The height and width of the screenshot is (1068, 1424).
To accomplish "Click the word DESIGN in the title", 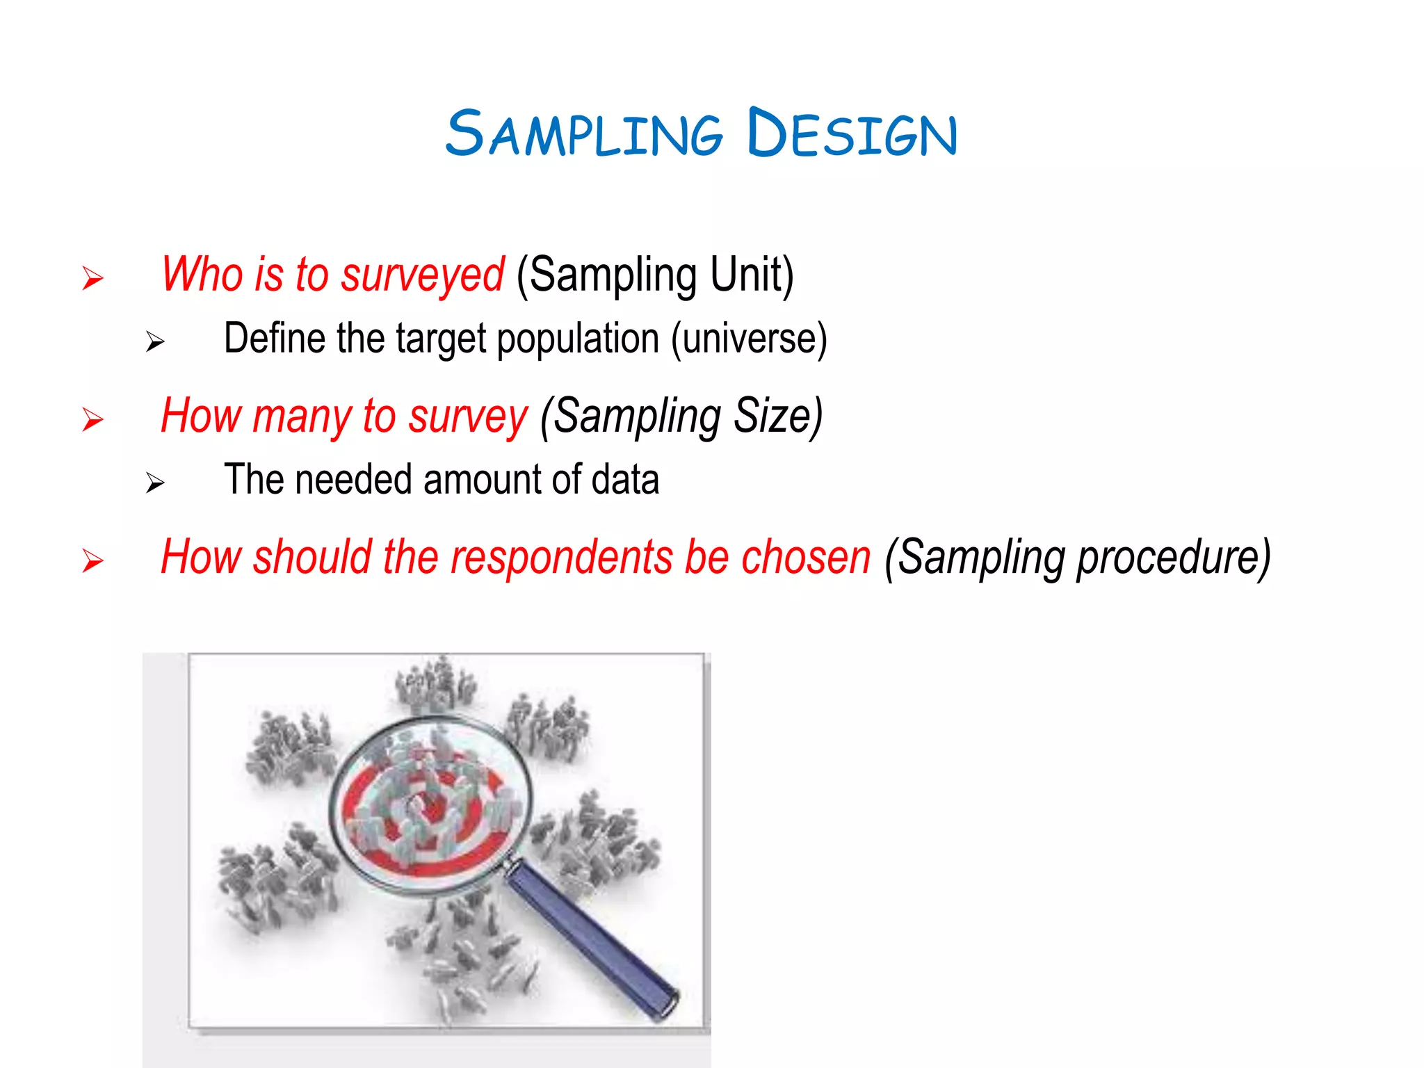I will (x=852, y=133).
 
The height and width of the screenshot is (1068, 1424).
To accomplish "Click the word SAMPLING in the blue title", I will (x=584, y=133).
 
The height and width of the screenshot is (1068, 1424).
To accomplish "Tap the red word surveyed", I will (x=422, y=275).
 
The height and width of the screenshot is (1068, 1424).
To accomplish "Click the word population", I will (x=578, y=340).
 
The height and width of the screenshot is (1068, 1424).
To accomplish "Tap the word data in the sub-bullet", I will (x=624, y=480).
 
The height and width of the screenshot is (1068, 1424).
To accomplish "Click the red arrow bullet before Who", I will (x=92, y=279).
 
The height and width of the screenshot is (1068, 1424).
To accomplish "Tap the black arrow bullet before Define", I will (x=155, y=342).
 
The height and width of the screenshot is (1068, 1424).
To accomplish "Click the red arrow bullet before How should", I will (x=92, y=561).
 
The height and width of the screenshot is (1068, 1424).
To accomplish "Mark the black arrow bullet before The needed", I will (x=155, y=483).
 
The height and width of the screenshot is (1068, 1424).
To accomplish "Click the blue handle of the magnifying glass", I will (x=591, y=939).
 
